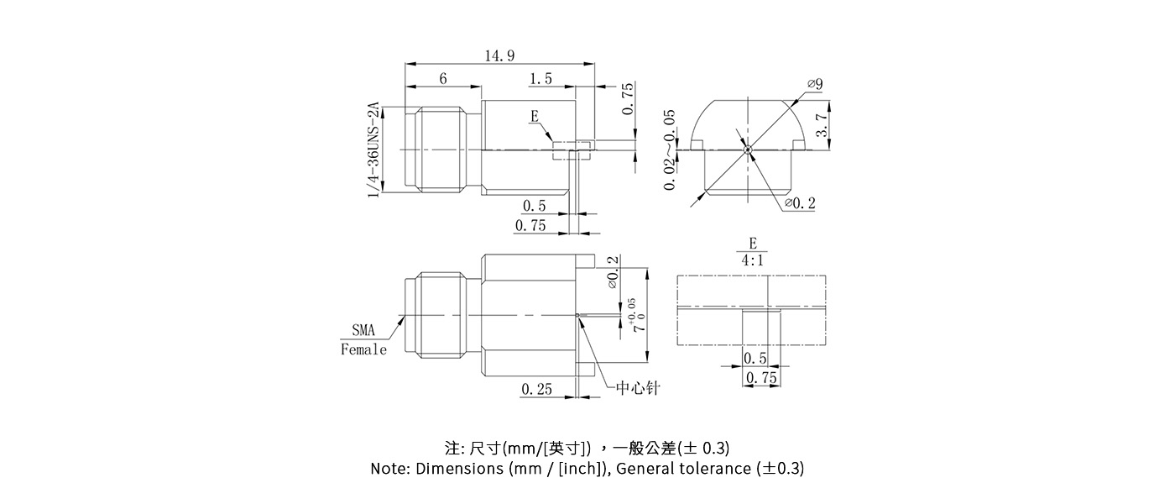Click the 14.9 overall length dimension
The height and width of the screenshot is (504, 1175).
pyautogui.click(x=499, y=55)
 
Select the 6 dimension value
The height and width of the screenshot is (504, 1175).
pyautogui.click(x=443, y=78)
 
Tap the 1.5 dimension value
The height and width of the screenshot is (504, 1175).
pyautogui.click(x=541, y=78)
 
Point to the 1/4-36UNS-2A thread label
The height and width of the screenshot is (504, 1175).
pyautogui.click(x=373, y=150)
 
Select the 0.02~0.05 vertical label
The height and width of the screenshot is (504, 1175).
pyautogui.click(x=669, y=150)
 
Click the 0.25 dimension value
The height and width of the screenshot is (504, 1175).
pyautogui.click(x=536, y=389)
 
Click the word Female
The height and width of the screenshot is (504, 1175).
pyautogui.click(x=364, y=349)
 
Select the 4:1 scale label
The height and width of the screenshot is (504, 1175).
pyautogui.click(x=753, y=260)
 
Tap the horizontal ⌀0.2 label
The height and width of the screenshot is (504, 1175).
pyautogui.click(x=800, y=203)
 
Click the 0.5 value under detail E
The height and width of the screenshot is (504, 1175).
pyautogui.click(x=755, y=359)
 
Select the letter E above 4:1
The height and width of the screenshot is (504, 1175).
pyautogui.click(x=753, y=243)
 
